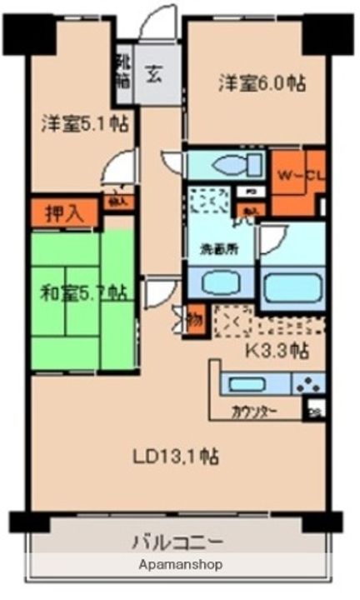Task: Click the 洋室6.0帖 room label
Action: (262, 84)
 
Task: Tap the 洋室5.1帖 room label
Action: (86, 125)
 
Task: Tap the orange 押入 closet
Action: (63, 212)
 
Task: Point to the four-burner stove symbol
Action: (307, 384)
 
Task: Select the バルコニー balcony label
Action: (177, 543)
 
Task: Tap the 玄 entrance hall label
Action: (155, 74)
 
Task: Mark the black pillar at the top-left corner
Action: (26, 32)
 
